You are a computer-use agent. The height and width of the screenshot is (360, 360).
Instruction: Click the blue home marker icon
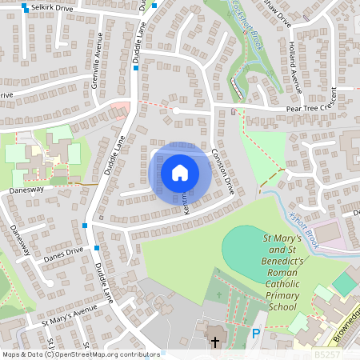[180, 173]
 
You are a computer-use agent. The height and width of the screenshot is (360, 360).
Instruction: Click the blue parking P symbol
[256, 334]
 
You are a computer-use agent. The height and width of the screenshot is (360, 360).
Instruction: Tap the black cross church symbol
[214, 342]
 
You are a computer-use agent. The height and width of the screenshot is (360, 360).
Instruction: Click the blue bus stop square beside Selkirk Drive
[26, 7]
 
